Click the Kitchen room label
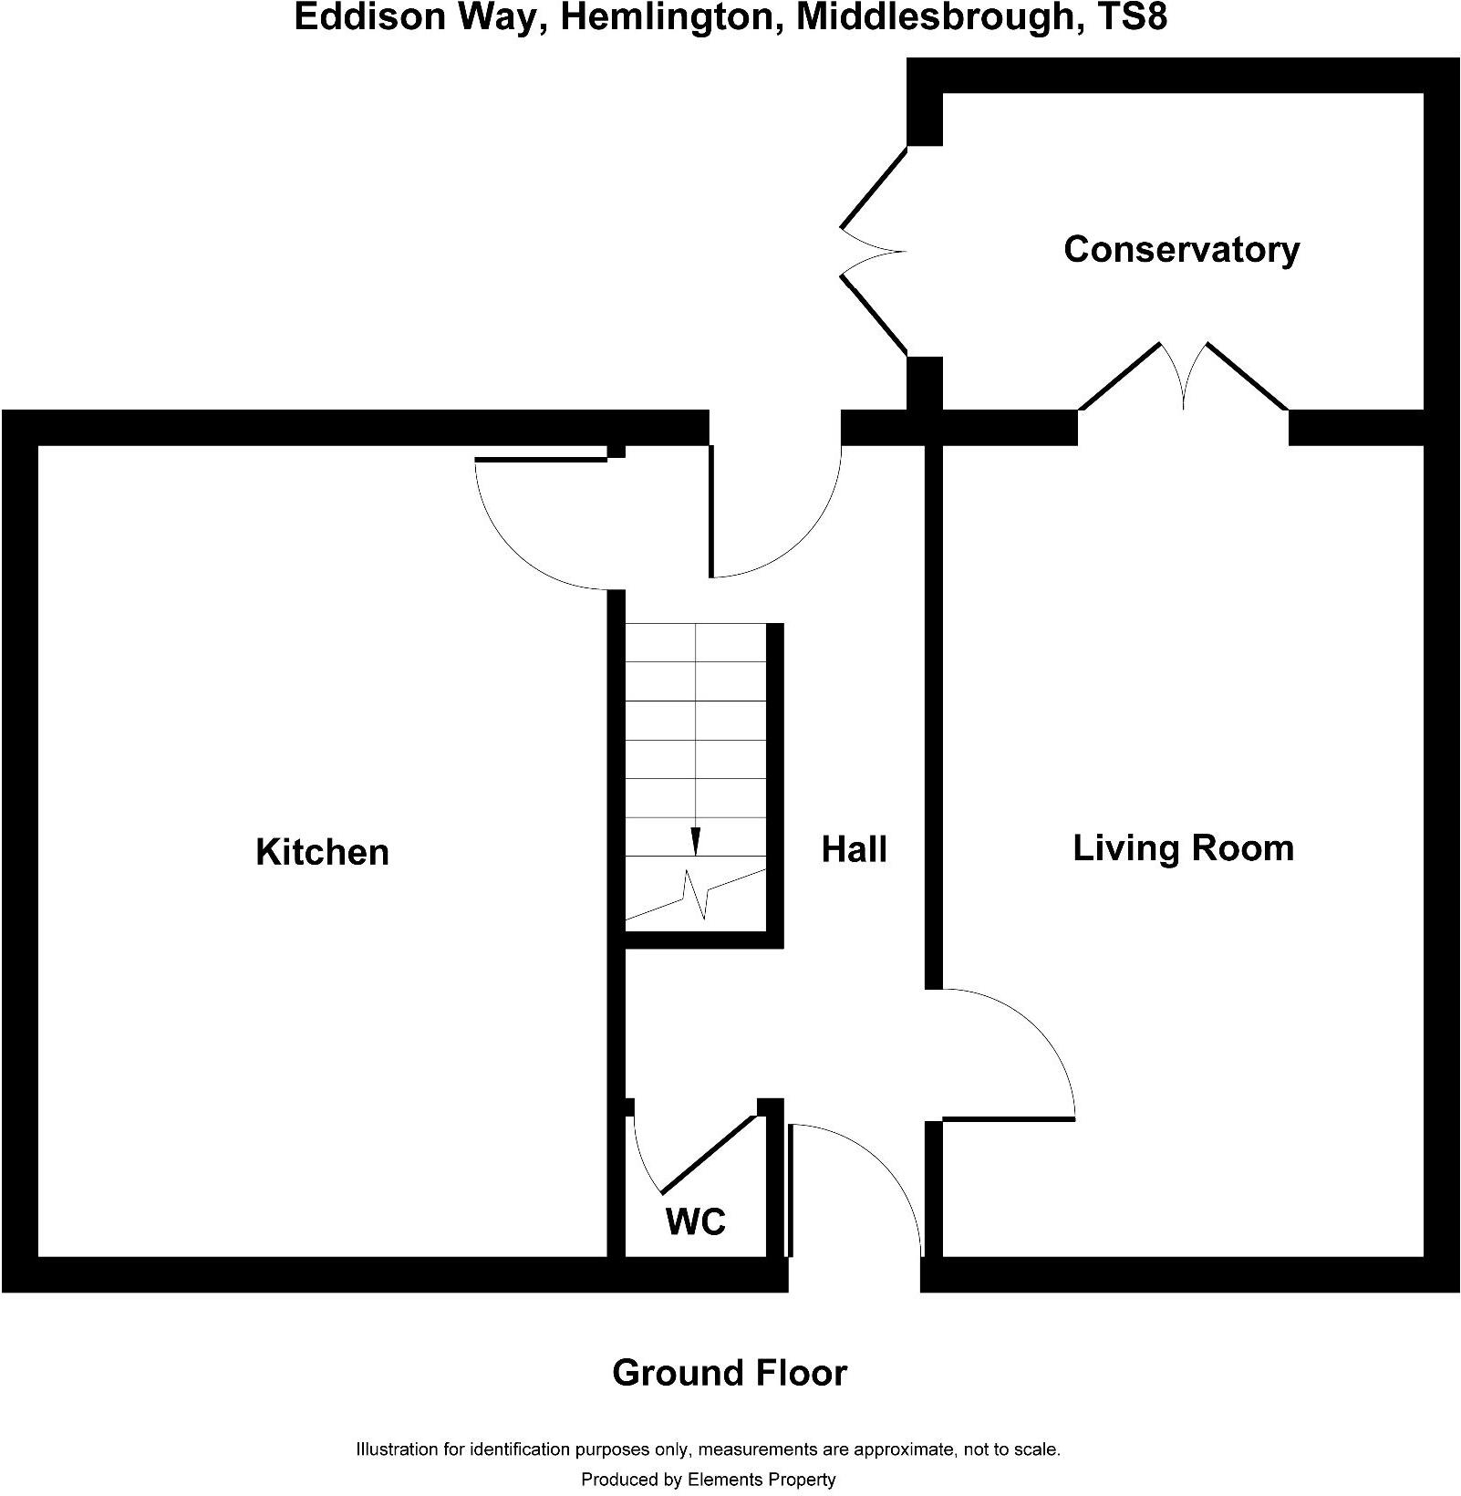coord(322,851)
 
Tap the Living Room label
coord(1183,848)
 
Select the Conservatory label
coord(1181,250)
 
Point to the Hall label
coord(854,849)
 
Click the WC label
coord(696,1221)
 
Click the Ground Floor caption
coord(730,1373)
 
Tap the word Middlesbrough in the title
coord(937,18)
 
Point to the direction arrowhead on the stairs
coord(696,841)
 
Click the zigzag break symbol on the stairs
coord(696,894)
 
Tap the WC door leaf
coord(708,1153)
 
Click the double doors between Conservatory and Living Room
coord(1184,376)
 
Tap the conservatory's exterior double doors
coord(874,250)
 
